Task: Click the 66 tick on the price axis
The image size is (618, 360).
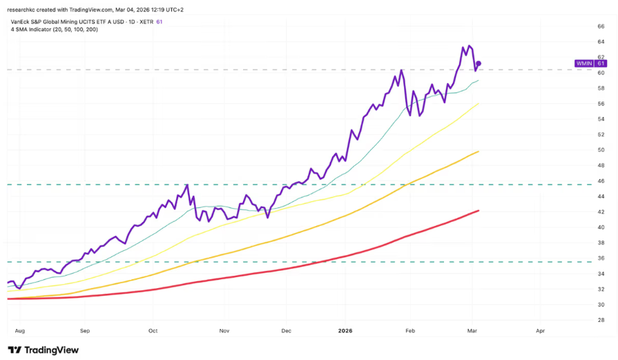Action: [601, 26]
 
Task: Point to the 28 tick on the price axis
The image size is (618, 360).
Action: [601, 320]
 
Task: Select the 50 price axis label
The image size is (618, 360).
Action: [601, 150]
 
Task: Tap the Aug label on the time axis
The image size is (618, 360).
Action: [19, 331]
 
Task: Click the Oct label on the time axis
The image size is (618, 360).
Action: [153, 331]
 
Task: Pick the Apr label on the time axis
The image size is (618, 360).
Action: [540, 331]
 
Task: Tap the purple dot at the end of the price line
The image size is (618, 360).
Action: [479, 64]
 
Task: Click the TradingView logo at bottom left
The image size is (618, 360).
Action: [43, 350]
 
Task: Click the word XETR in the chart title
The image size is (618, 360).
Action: [146, 21]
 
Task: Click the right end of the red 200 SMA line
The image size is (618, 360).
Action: [479, 211]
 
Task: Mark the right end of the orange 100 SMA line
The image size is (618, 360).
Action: [479, 151]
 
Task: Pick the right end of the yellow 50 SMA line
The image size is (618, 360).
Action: [479, 104]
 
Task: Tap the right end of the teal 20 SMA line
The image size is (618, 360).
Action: [479, 80]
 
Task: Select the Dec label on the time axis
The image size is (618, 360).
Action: [287, 331]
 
